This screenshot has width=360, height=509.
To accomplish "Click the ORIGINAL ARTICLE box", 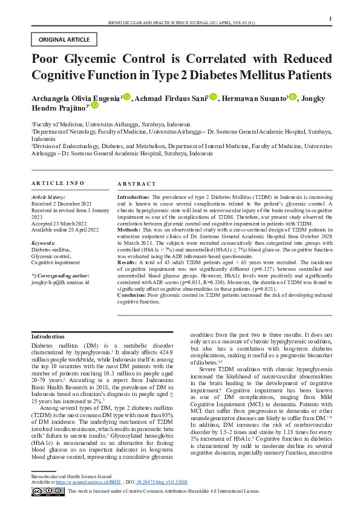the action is point(64,40).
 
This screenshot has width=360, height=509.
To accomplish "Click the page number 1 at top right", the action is point(330,19).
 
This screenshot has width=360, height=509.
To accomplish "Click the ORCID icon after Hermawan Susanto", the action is point(293,97).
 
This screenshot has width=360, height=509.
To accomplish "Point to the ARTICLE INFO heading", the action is point(58,183).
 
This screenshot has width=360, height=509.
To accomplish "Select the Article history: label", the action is point(48,197).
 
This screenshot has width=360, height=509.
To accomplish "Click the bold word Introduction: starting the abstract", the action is point(133,197).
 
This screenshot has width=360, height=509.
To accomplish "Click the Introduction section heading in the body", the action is point(48,336).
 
